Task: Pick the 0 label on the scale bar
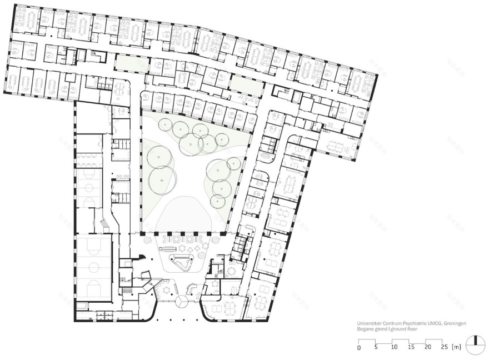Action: pos(359,348)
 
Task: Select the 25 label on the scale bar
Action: pos(445,348)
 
